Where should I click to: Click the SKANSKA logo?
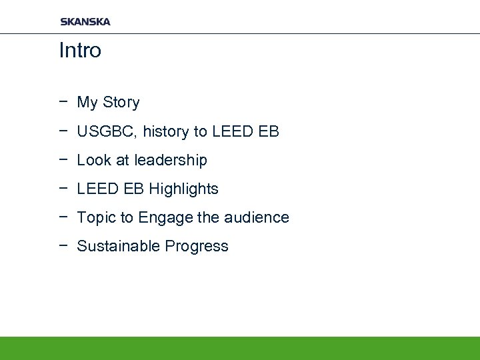pos(85,21)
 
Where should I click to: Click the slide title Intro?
pos(80,51)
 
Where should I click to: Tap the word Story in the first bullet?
pos(121,103)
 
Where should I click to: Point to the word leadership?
pos(171,161)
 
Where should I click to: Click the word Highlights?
pos(184,189)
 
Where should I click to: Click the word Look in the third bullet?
pos(92,161)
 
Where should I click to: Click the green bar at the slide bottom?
pos(240,348)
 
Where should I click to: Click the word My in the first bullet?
pos(87,103)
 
